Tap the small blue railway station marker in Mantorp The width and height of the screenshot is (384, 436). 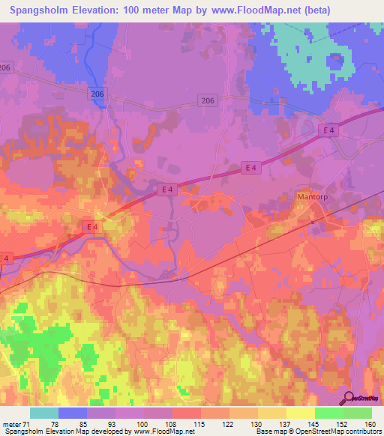[313, 222]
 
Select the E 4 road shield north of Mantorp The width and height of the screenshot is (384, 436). [328, 130]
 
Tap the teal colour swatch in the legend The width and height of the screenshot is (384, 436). [43, 413]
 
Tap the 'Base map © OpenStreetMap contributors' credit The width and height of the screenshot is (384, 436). [317, 432]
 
